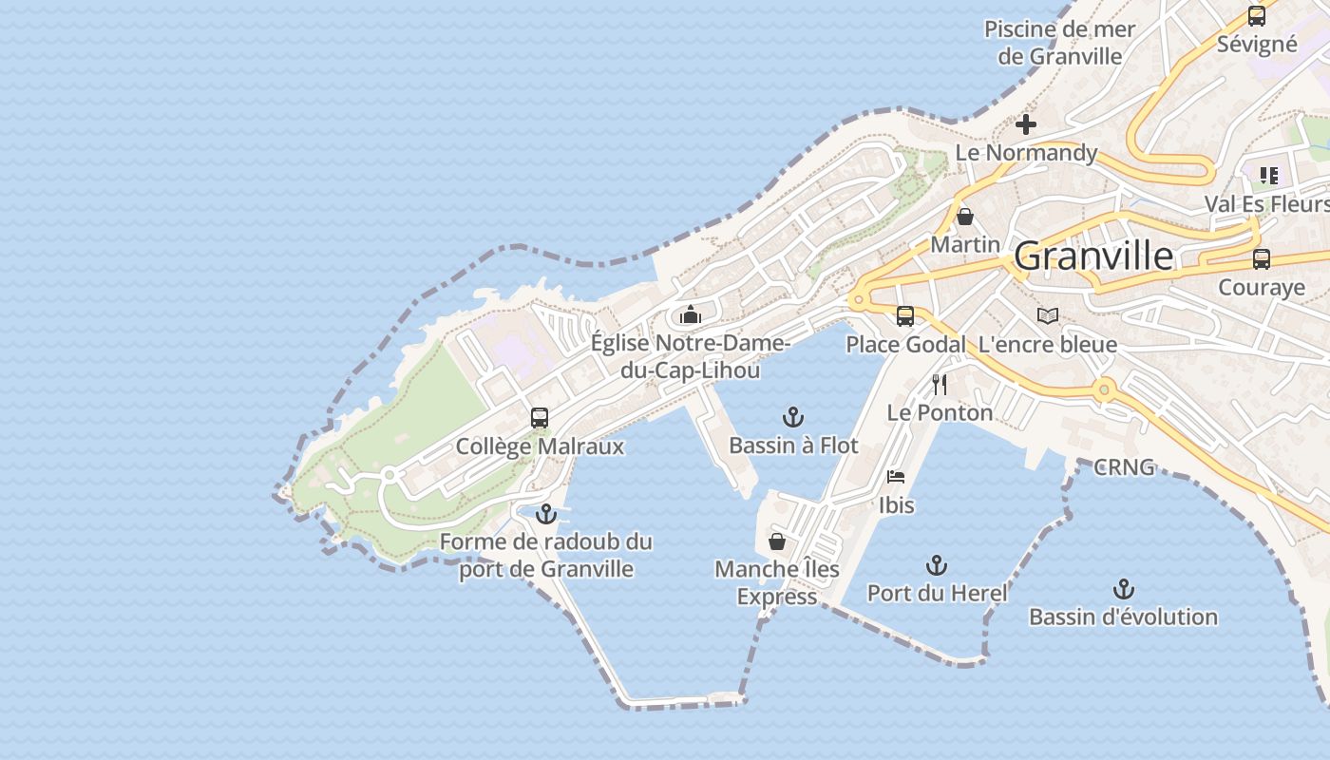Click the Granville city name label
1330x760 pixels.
coord(1093,256)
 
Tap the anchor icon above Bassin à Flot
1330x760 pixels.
coord(792,417)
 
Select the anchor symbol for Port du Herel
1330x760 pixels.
coord(937,565)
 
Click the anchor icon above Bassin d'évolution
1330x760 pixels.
coord(1124,589)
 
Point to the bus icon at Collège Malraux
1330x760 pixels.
coord(540,418)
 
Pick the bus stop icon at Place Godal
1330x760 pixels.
coord(905,316)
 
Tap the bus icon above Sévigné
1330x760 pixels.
coord(1257,16)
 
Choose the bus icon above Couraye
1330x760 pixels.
coord(1262,259)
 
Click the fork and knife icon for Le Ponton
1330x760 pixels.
coord(940,384)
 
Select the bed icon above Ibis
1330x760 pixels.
coord(896,477)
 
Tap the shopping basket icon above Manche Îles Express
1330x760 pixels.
coord(777,541)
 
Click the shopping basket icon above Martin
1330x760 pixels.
coord(965,217)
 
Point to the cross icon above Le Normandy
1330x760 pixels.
coord(1026,124)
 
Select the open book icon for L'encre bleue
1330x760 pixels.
coord(1048,315)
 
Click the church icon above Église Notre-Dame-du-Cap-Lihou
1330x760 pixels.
coord(691,314)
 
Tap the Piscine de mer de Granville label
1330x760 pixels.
coord(1060,43)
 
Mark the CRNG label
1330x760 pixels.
coord(1124,467)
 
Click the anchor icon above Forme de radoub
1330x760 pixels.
coord(545,514)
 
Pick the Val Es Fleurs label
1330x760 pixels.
coord(1266,204)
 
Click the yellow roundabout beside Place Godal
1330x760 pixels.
coord(859,300)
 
